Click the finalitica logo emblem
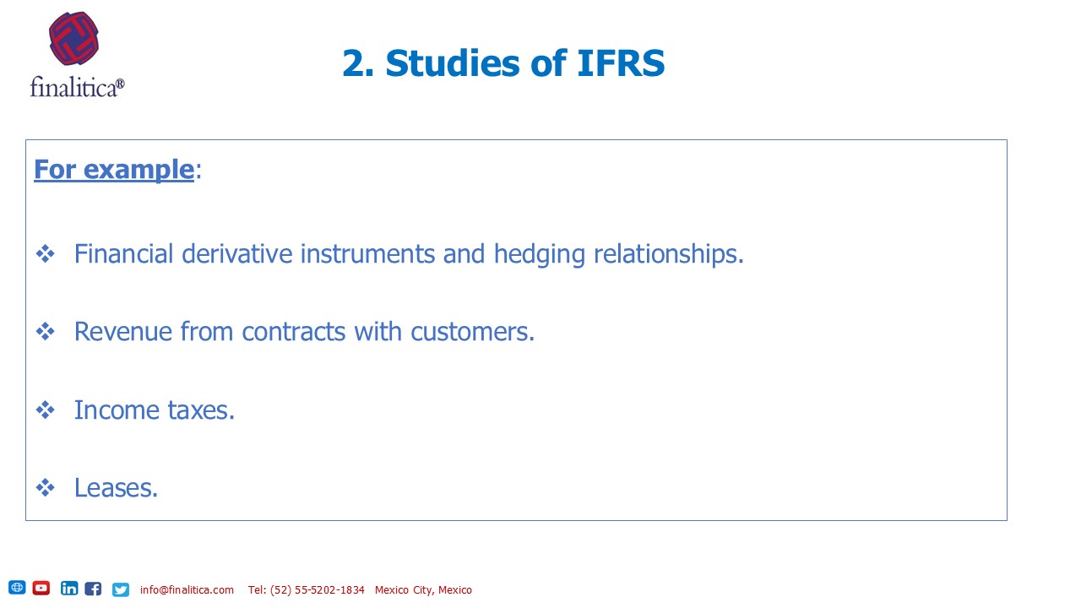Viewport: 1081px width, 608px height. coord(73,38)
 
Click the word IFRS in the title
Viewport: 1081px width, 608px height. coord(621,63)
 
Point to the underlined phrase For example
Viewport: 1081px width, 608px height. coord(114,170)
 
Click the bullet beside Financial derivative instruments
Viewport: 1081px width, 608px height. coord(46,254)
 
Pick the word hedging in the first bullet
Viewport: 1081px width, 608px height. coord(540,255)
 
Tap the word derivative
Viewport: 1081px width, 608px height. coord(237,254)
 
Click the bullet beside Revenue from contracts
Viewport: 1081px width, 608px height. coord(46,332)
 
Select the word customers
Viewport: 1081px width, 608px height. coord(472,332)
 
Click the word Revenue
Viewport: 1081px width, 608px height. coord(123,332)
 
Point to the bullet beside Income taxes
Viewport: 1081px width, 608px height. coord(46,410)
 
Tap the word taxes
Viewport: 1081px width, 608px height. coord(201,410)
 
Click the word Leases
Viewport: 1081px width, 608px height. coord(116,488)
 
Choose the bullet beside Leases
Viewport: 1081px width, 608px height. coord(46,488)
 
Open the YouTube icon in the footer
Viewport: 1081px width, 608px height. coord(41,588)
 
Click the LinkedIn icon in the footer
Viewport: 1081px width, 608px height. coord(69,589)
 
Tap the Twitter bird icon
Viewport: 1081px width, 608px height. coord(121,589)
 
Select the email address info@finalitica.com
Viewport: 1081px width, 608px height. coord(187,589)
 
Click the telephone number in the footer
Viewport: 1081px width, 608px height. coord(306,589)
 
